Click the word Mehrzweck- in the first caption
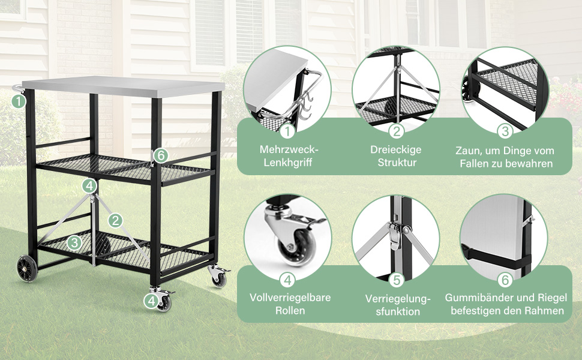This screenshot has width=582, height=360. point(289,149)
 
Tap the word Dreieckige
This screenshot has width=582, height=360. point(395,149)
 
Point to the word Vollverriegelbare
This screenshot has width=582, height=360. point(290,297)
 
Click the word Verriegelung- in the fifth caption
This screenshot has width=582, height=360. point(398,299)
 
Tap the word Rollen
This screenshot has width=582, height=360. point(290,310)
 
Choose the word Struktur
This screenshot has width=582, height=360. point(397,162)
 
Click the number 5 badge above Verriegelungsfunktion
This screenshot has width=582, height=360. point(397,280)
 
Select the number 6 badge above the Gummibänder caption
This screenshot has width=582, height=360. point(505,280)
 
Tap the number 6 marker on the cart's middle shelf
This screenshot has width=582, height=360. point(160,155)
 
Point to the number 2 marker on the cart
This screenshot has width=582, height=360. point(115,220)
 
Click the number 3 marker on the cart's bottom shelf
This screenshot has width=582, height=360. point(74,243)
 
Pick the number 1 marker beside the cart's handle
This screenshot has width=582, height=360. point(19,101)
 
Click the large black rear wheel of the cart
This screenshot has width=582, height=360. point(27,268)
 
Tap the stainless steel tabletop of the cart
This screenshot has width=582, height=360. point(124,86)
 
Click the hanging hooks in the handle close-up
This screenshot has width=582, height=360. point(306,106)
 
